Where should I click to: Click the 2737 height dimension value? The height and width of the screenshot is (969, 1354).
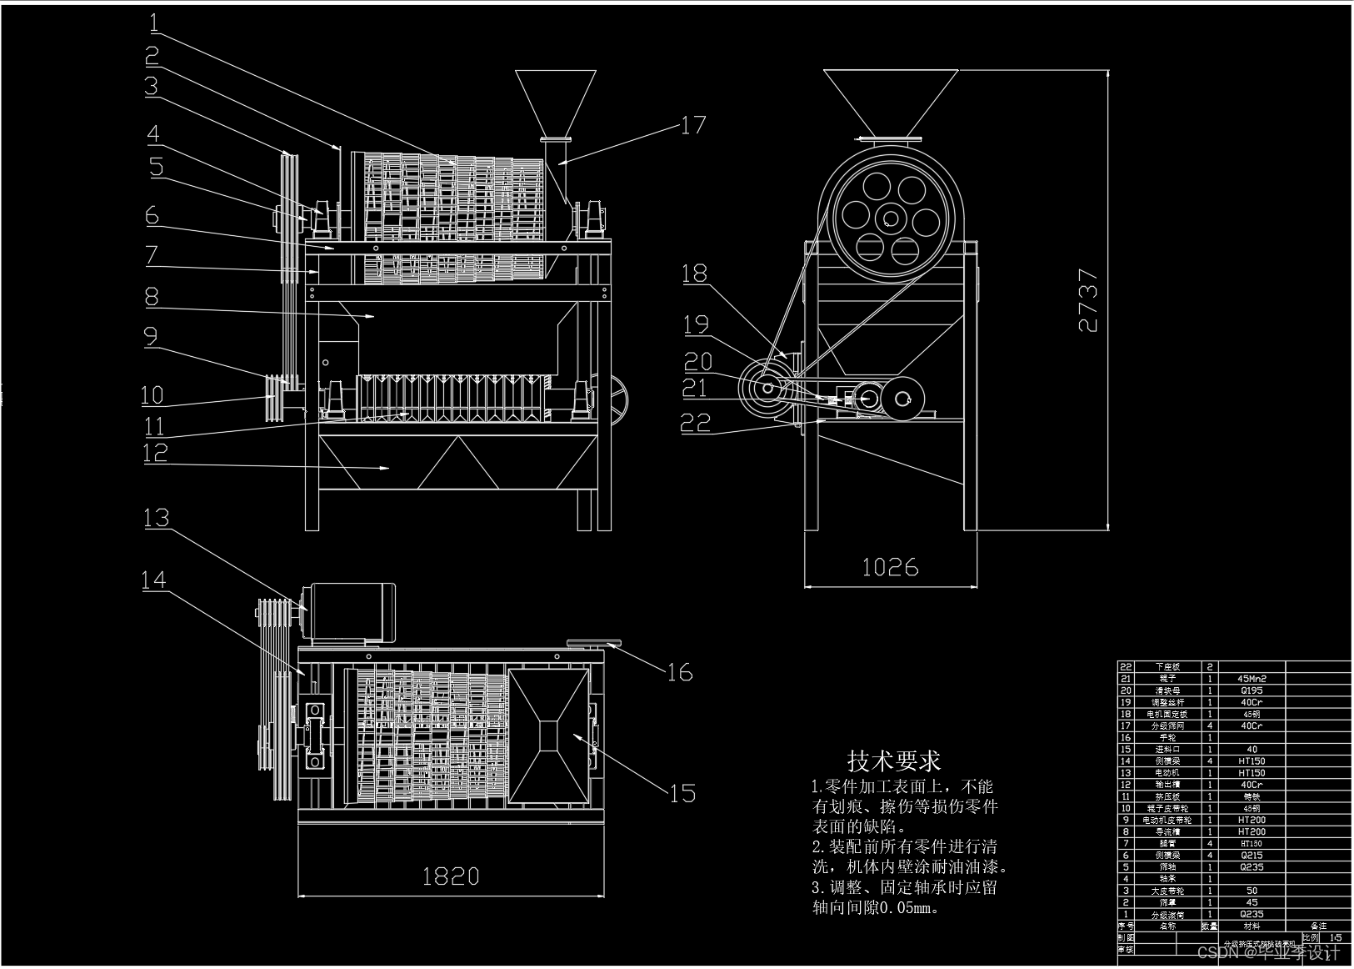point(1088,300)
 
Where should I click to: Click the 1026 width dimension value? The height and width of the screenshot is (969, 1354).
point(890,568)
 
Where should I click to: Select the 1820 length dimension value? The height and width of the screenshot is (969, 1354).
point(451,876)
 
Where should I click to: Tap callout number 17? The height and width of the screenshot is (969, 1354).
point(693,125)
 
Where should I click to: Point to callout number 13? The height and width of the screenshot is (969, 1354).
point(157,518)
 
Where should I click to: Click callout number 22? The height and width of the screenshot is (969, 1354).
point(696,423)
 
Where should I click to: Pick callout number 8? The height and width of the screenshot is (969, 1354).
point(151,296)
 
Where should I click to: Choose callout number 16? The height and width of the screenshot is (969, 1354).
point(680,672)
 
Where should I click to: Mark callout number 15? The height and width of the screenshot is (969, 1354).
point(682,792)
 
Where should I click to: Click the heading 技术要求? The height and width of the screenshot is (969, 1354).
point(893,761)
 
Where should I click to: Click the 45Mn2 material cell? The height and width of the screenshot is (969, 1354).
point(1252,679)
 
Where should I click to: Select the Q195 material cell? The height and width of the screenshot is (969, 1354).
point(1252,690)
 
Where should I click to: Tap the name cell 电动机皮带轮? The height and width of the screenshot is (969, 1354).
point(1167,820)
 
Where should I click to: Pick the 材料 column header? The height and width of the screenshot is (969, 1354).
point(1252,926)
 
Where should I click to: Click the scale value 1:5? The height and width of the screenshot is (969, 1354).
point(1337,937)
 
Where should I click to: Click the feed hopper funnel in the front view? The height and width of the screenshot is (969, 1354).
point(556,103)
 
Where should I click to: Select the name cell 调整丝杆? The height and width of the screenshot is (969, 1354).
point(1167,702)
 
